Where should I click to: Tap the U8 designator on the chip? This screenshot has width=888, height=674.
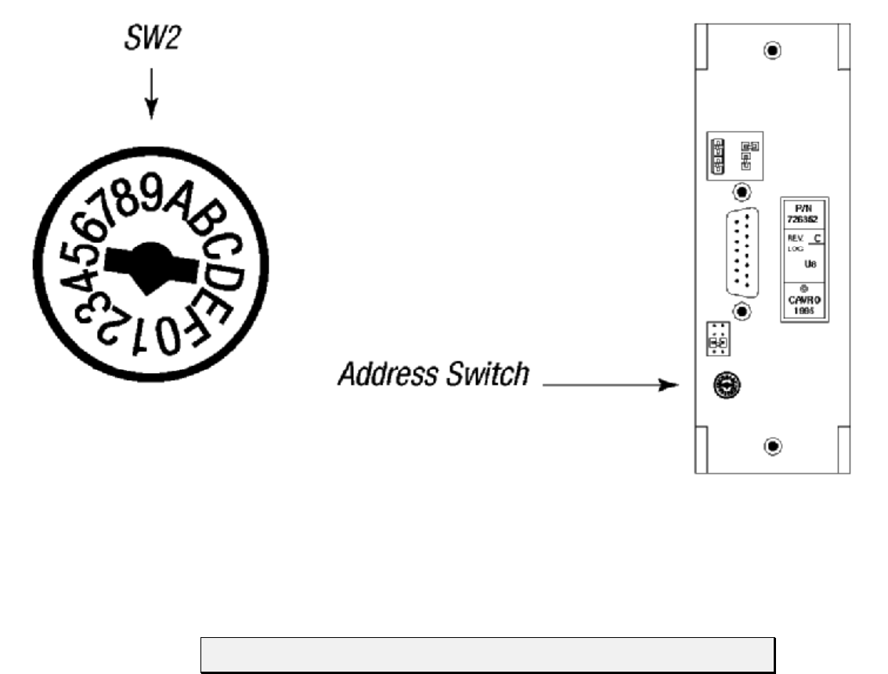click(812, 265)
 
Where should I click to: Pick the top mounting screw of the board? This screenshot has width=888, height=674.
click(772, 50)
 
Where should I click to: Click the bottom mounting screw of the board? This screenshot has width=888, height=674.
click(772, 446)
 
